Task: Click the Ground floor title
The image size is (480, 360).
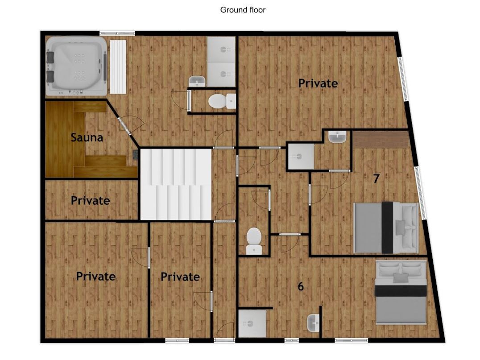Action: (x=243, y=10)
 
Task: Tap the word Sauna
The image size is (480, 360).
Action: (x=87, y=137)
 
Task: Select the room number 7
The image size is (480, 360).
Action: (x=376, y=178)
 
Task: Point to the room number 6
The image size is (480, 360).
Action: (x=301, y=286)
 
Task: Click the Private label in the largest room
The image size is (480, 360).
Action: (x=318, y=83)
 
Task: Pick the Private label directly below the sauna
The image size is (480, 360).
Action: (x=90, y=200)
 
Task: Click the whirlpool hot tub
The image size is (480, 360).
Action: (x=76, y=66)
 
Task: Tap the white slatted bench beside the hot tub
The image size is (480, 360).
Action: (x=118, y=66)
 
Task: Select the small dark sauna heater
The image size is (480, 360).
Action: (x=135, y=155)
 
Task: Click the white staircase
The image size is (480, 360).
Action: (x=176, y=184)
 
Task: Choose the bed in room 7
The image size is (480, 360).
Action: (x=386, y=228)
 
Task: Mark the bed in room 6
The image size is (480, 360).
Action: (x=401, y=292)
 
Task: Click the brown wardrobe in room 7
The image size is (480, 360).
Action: (x=381, y=139)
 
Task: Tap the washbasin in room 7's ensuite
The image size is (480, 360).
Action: (x=337, y=137)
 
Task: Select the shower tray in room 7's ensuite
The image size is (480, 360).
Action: (x=301, y=157)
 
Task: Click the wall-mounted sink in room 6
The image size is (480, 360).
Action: (x=313, y=323)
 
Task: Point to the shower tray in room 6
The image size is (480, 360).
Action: (x=252, y=323)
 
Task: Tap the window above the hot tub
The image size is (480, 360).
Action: (x=117, y=33)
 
